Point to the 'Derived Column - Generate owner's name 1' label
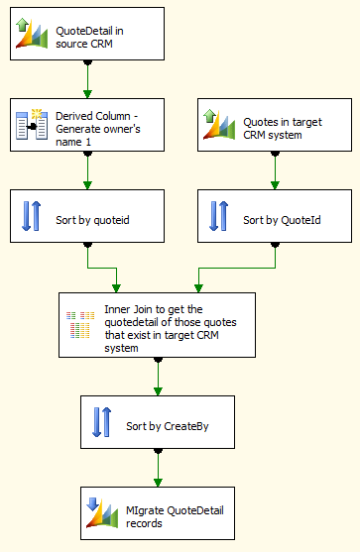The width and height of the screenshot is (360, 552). point(108,125)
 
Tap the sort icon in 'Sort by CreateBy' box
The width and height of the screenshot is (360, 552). point(101,421)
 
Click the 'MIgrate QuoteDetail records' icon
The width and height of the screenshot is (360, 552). point(101,511)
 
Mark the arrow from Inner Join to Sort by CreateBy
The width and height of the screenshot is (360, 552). point(157,376)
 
